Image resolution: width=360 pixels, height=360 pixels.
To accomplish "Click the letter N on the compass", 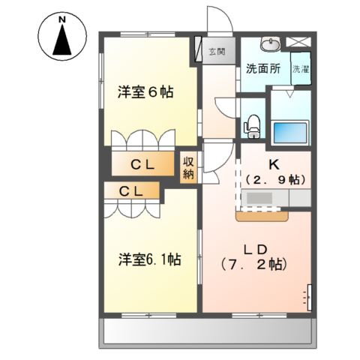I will pos(62,17).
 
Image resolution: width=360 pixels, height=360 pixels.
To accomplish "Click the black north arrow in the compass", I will pos(62,40).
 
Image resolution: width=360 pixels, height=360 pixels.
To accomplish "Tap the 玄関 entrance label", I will pos(217,52).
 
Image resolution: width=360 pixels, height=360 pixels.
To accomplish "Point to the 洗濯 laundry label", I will pos(300,69).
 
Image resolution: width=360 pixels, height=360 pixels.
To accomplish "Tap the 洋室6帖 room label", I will pos(145,93).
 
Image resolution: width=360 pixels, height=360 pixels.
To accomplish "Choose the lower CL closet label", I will pos(133,192).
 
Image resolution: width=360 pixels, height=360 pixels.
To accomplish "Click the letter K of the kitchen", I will pos(275,163).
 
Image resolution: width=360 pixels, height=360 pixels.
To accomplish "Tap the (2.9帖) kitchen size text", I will pos(275,180).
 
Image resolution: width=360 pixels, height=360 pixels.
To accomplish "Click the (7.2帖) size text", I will pos(255,265).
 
